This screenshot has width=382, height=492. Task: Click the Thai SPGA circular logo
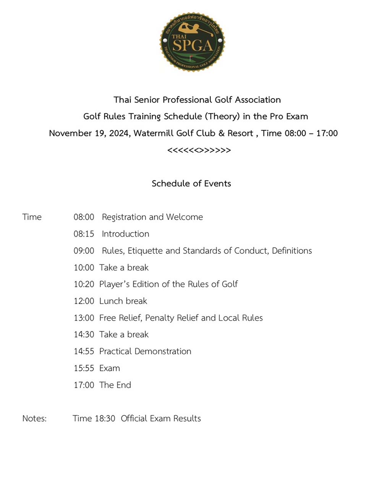click(x=192, y=42)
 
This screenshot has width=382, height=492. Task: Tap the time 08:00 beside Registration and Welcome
click(x=84, y=217)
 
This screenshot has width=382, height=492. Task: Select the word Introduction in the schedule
click(x=125, y=234)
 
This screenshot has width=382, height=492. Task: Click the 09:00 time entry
click(x=84, y=251)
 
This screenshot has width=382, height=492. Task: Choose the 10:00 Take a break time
click(x=84, y=268)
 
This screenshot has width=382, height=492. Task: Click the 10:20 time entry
click(x=84, y=284)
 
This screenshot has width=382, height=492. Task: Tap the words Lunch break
click(x=123, y=301)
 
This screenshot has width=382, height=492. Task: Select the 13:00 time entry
click(x=84, y=318)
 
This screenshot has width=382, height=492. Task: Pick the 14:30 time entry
click(x=84, y=335)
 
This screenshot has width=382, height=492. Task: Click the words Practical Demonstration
click(x=145, y=352)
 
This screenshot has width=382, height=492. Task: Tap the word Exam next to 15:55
click(x=110, y=368)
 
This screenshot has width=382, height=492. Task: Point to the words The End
click(x=115, y=385)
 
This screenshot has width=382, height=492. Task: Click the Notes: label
click(x=34, y=419)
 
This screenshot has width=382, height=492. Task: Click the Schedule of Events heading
click(x=191, y=184)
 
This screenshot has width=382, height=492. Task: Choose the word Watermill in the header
click(x=154, y=133)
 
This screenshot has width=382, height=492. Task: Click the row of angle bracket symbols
click(x=199, y=150)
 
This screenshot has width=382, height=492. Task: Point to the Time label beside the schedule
click(x=32, y=217)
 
